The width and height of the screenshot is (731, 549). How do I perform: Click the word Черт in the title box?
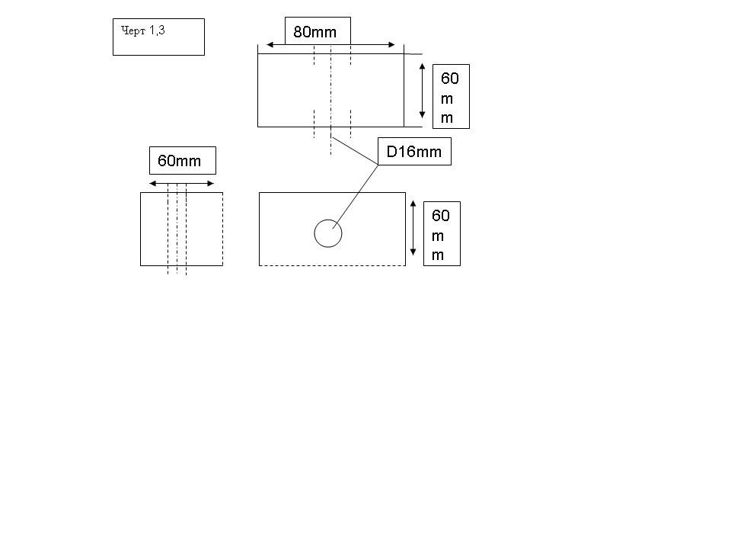(x=133, y=30)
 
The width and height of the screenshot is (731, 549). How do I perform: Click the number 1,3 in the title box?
(x=157, y=30)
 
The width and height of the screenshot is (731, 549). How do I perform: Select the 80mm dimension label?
(x=314, y=32)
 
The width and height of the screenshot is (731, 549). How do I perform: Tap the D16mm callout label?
(x=414, y=151)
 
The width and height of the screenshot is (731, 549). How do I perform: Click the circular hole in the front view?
(x=328, y=220)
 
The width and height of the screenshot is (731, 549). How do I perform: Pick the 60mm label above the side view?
(x=179, y=161)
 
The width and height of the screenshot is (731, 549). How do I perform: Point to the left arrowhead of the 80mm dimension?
(x=270, y=45)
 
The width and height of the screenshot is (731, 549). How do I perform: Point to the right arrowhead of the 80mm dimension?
(x=391, y=45)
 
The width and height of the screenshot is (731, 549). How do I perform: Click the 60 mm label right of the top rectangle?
(x=449, y=98)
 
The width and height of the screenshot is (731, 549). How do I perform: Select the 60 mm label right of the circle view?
(x=440, y=235)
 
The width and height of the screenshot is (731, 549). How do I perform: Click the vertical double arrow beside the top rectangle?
(x=422, y=91)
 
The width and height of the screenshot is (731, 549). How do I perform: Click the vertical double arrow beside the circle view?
(x=413, y=228)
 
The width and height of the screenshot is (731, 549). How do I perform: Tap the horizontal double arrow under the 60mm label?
(x=181, y=184)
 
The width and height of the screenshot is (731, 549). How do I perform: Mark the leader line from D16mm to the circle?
(x=356, y=197)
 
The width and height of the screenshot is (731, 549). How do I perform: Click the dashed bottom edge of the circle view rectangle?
(x=333, y=265)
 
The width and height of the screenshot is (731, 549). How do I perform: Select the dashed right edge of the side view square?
(x=223, y=230)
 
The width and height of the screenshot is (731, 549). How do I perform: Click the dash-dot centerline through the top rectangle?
(x=331, y=100)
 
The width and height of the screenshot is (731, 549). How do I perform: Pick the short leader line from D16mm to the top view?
(x=354, y=151)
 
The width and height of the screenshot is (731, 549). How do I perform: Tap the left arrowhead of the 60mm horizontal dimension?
(x=153, y=184)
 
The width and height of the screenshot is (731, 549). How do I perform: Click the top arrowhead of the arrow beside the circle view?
(x=413, y=204)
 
